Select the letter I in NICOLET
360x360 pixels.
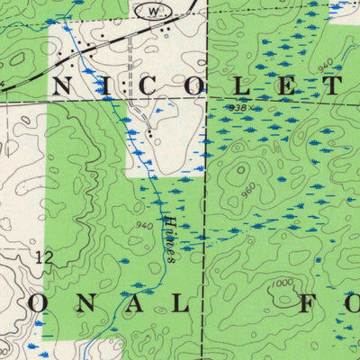click(106, 86)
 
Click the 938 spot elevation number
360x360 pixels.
click(238, 108)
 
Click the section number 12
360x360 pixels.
click(42, 258)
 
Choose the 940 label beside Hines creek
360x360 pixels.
click(143, 225)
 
